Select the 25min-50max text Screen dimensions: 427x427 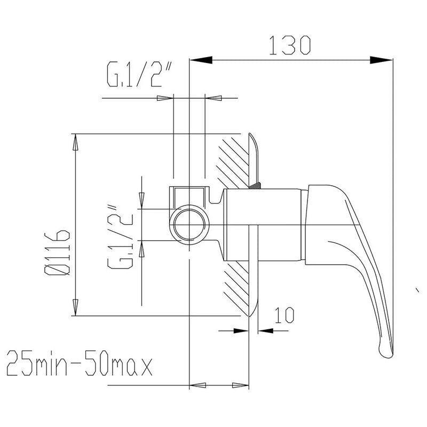pos(79,366)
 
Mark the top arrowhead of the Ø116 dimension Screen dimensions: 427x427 pos(75,141)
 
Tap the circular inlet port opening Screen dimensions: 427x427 pos(189,225)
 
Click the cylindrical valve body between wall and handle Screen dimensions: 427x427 pos(264,224)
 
